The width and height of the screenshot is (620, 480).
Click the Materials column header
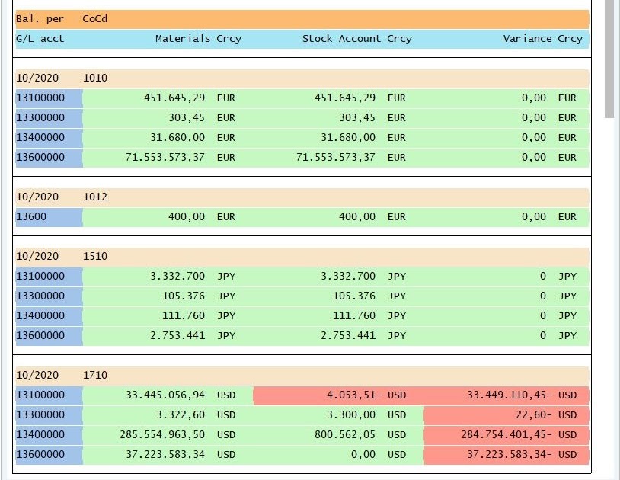(183, 38)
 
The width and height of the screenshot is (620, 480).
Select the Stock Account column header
(341, 38)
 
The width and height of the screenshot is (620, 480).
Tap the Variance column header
(527, 38)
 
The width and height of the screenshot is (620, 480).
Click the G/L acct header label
(40, 38)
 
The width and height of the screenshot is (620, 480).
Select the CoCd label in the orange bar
(95, 18)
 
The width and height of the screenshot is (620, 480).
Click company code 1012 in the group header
(95, 197)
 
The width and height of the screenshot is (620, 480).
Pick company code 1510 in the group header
(95, 256)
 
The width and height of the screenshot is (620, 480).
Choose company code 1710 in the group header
(95, 375)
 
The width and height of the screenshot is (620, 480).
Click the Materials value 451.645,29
(174, 98)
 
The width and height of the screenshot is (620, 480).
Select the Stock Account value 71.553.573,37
(335, 157)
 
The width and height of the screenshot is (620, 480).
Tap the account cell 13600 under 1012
(31, 216)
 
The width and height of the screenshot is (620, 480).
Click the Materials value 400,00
(187, 216)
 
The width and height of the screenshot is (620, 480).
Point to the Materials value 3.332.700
(177, 276)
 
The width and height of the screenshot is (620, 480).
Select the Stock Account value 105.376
(354, 296)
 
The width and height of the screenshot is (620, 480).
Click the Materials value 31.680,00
(177, 137)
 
